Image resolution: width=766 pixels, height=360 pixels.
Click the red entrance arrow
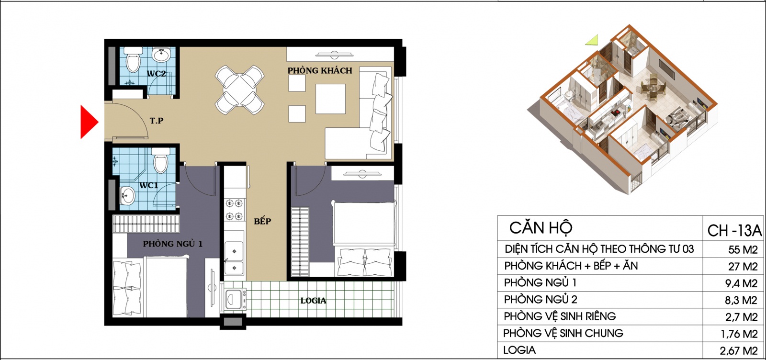click(x=88, y=122)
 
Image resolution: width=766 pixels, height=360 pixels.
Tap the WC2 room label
click(x=156, y=74)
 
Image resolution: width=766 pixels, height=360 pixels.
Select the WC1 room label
click(x=149, y=185)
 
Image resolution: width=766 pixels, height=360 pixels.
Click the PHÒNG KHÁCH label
click(x=320, y=71)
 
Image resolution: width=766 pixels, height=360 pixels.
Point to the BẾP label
click(x=262, y=221)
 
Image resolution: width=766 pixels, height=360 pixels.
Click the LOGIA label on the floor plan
click(x=313, y=301)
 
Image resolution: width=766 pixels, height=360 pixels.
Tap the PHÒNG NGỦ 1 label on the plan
click(x=173, y=244)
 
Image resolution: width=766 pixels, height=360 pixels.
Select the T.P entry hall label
click(x=157, y=121)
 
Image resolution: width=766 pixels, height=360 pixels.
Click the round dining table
click(x=240, y=90)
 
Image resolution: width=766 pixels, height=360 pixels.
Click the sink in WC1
click(x=127, y=196)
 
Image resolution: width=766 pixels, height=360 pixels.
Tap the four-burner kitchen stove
click(x=235, y=210)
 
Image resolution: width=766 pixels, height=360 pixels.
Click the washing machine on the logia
click(x=235, y=299)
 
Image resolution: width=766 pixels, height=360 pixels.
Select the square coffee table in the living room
click(x=330, y=99)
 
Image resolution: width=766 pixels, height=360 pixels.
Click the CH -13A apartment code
click(x=734, y=231)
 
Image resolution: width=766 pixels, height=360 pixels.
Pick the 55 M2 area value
click(x=743, y=249)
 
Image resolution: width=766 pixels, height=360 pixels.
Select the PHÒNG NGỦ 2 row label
click(x=541, y=300)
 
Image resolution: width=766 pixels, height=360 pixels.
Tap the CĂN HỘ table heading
click(x=541, y=228)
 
